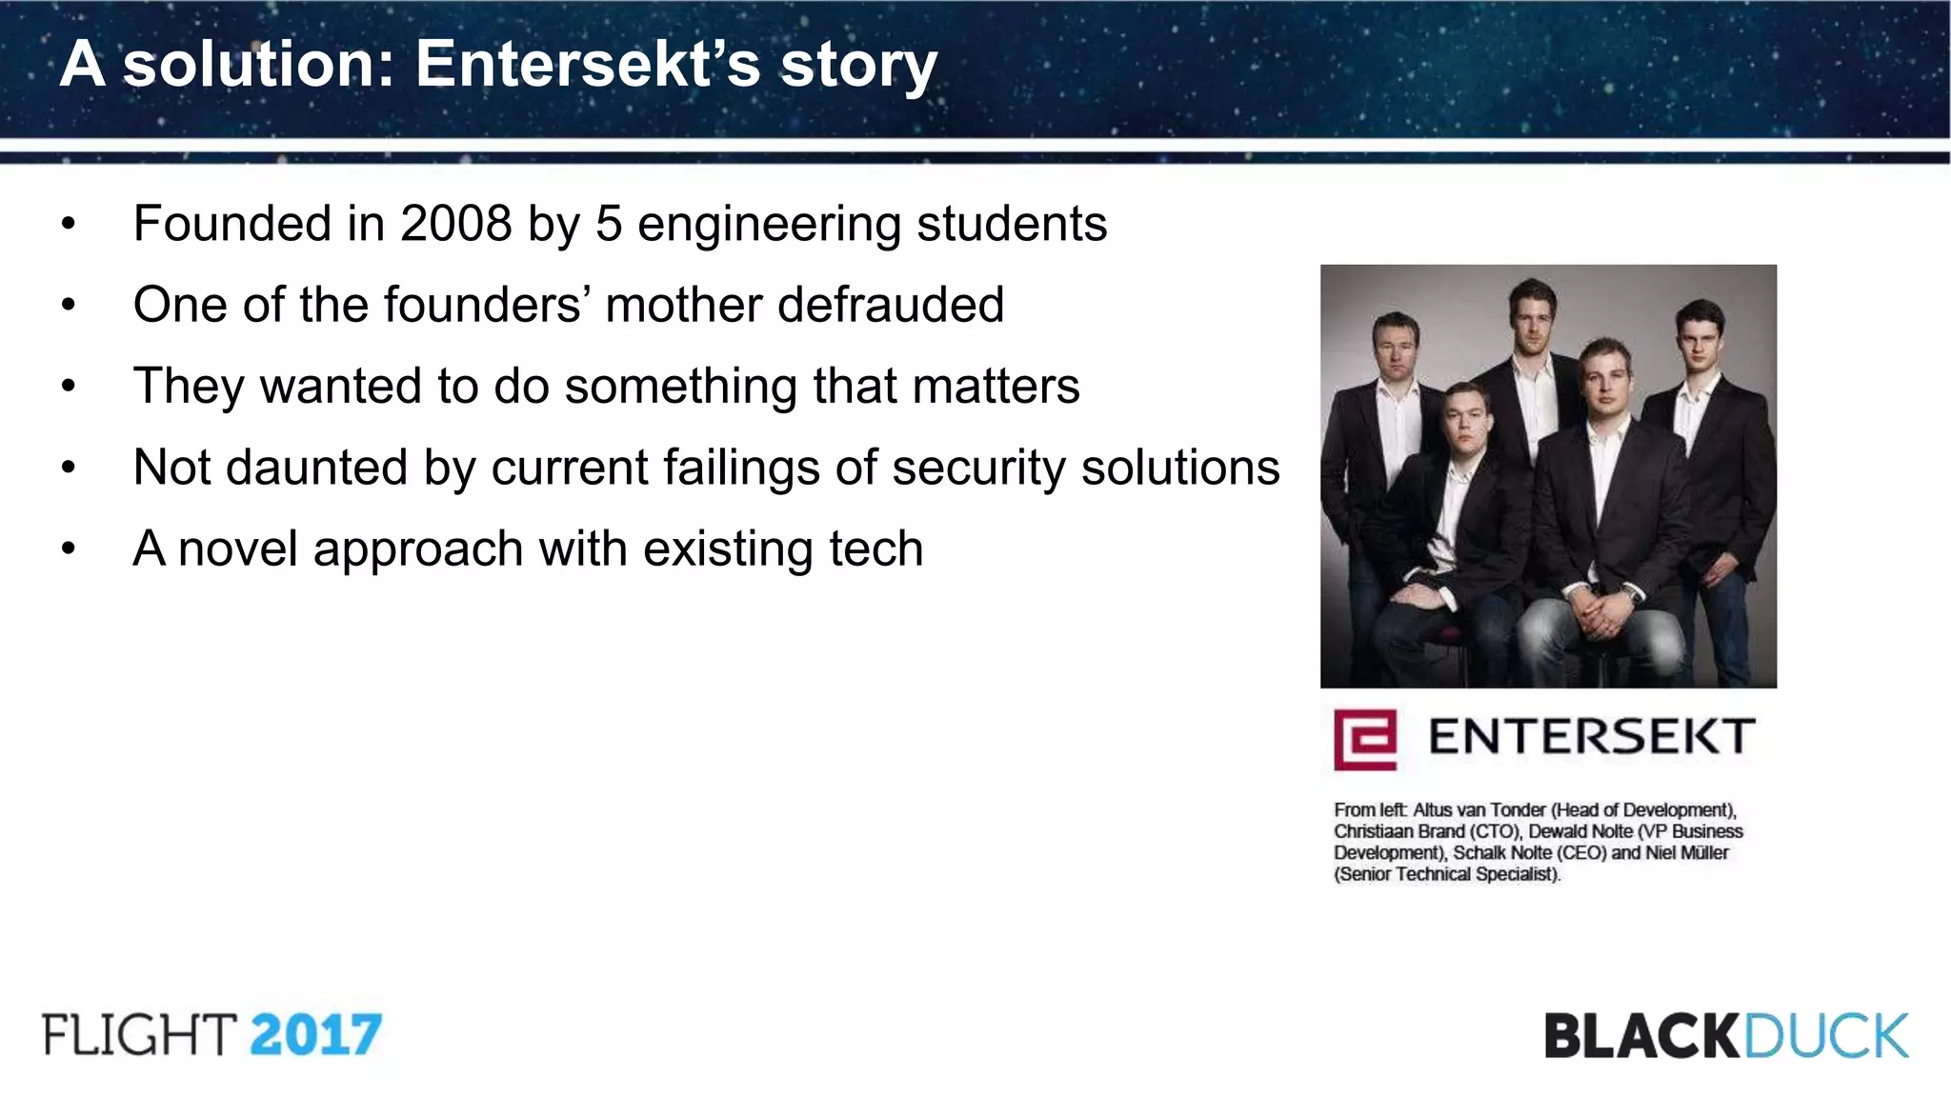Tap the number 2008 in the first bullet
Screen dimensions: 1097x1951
[455, 225]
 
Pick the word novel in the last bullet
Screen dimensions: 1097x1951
[238, 549]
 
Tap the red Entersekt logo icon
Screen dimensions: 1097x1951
[1364, 739]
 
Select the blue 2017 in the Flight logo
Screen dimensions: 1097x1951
[315, 1035]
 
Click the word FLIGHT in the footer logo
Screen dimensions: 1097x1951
[139, 1035]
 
